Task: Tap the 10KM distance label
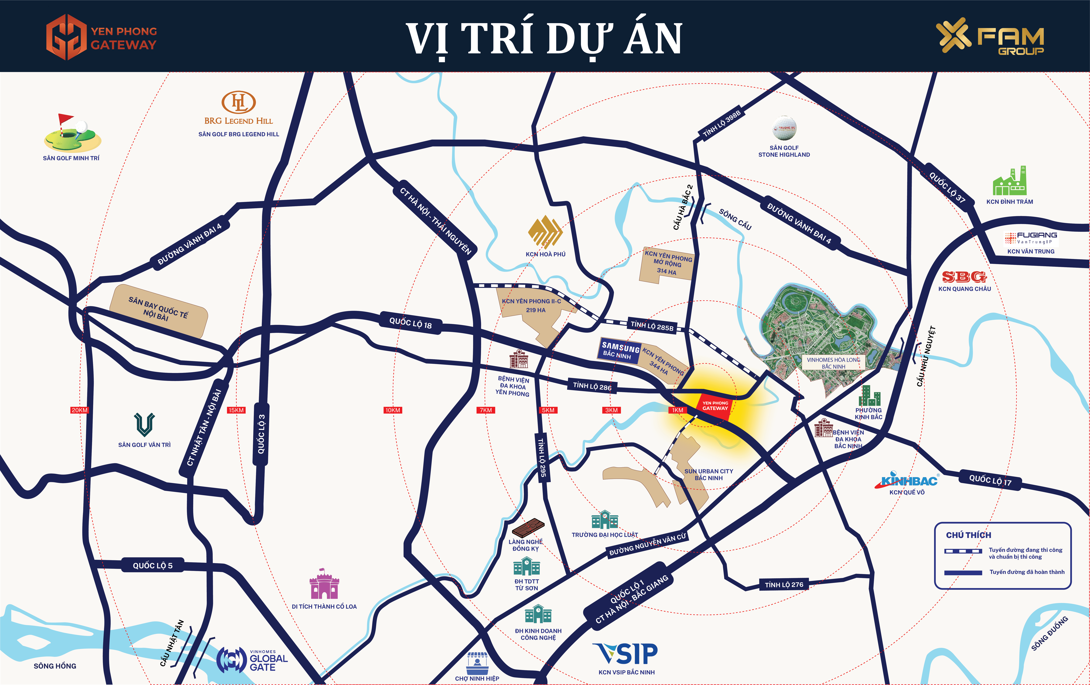(x=392, y=410)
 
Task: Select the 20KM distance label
(x=79, y=410)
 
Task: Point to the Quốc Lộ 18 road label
(x=411, y=323)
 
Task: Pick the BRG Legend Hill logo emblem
(x=239, y=102)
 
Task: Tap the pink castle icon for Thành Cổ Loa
(x=324, y=585)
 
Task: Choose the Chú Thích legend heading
(x=968, y=535)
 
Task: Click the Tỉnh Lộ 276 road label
(x=784, y=585)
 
